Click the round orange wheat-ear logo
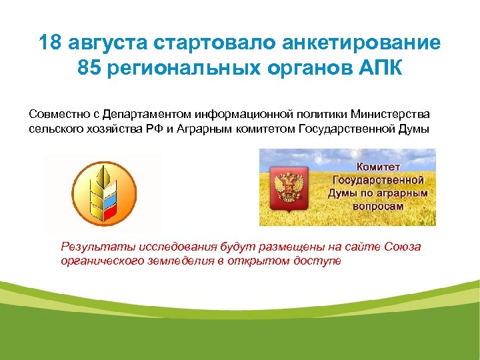pyautogui.click(x=103, y=191)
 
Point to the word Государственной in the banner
pyautogui.click(x=377, y=180)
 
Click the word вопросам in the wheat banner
pyautogui.click(x=377, y=207)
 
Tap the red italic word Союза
pyautogui.click(x=402, y=247)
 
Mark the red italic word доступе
pyautogui.click(x=317, y=261)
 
